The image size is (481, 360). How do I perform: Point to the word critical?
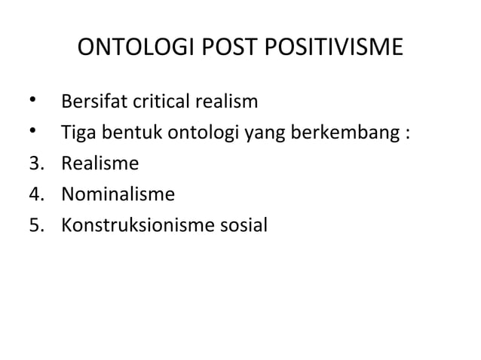click(x=159, y=102)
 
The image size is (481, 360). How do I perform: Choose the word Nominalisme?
click(x=118, y=196)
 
